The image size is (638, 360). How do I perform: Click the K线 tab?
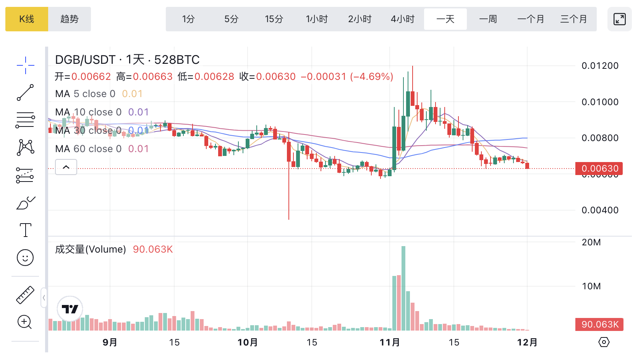click(27, 19)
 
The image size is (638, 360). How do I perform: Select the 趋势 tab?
click(70, 19)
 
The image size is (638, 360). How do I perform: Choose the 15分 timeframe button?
click(274, 19)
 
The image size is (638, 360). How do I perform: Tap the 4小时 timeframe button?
click(402, 19)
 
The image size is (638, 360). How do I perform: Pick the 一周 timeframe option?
click(488, 19)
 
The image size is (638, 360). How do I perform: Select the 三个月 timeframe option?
click(573, 19)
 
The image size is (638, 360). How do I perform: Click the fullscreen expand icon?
click(619, 19)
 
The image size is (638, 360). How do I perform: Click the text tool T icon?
click(25, 230)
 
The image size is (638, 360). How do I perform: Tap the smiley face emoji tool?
click(25, 258)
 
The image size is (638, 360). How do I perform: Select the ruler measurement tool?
click(25, 295)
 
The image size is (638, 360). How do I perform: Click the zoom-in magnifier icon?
click(25, 322)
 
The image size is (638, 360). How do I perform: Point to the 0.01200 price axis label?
click(600, 66)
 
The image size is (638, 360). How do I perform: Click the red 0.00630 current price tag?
click(599, 169)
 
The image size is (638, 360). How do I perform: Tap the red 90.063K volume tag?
click(599, 324)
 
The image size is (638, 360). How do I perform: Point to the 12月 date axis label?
click(527, 342)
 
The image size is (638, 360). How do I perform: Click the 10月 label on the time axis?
click(248, 342)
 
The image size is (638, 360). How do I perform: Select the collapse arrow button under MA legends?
click(66, 167)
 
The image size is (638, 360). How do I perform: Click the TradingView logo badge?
click(70, 309)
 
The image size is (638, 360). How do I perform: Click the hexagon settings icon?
click(604, 342)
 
